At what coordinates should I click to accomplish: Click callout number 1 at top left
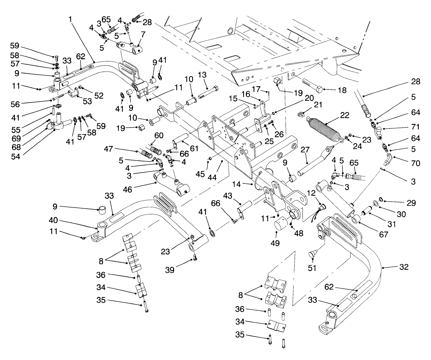(70, 19)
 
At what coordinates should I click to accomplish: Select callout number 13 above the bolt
(211, 74)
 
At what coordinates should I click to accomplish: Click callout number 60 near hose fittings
(159, 135)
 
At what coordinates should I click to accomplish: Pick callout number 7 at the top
(143, 34)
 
